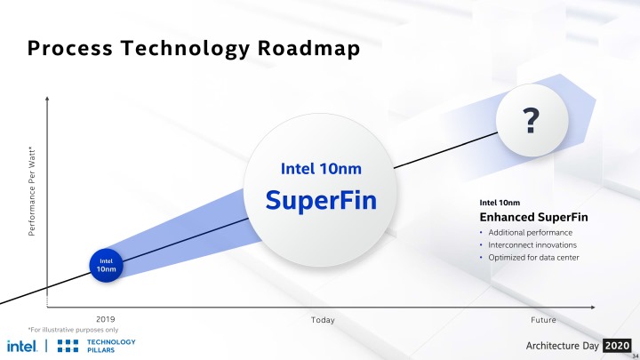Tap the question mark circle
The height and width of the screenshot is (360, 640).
point(532,120)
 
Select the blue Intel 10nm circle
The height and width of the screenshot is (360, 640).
point(105,264)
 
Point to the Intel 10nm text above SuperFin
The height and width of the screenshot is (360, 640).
point(321,168)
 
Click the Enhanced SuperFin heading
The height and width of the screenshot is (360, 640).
point(533,217)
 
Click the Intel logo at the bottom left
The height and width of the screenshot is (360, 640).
point(21,346)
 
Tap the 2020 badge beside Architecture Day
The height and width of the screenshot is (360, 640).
point(617,344)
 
